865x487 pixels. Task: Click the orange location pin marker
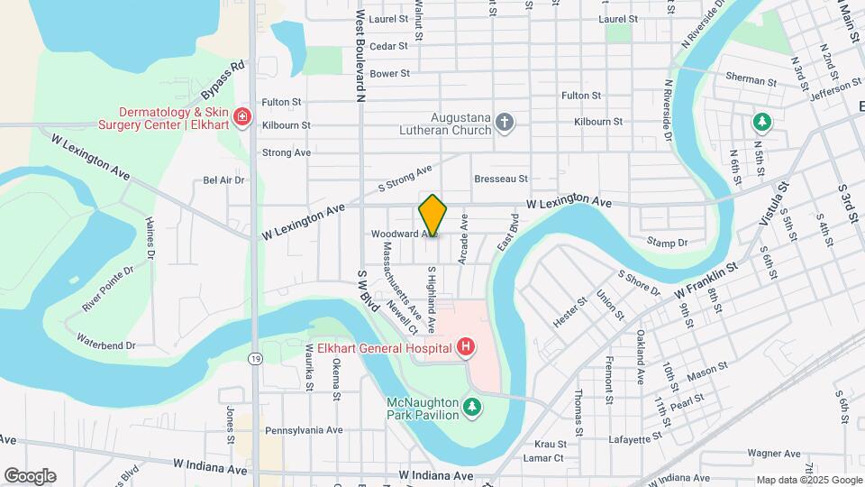(432, 216)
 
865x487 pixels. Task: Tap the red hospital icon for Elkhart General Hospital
(465, 346)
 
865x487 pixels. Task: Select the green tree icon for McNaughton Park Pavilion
(470, 409)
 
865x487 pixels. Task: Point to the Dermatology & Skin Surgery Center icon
(241, 117)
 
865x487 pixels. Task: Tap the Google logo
(30, 476)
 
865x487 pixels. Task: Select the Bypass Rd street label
(223, 80)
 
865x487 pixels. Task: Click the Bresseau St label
(500, 179)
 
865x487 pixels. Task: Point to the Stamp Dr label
(667, 242)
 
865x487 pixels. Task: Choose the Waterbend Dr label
(105, 345)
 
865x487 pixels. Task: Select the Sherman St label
(751, 81)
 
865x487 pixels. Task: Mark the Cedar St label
(389, 46)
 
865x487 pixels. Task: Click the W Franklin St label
(706, 280)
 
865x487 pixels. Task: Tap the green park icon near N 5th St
(762, 121)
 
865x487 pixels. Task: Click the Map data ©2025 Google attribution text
(809, 480)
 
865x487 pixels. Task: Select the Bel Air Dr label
(223, 179)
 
